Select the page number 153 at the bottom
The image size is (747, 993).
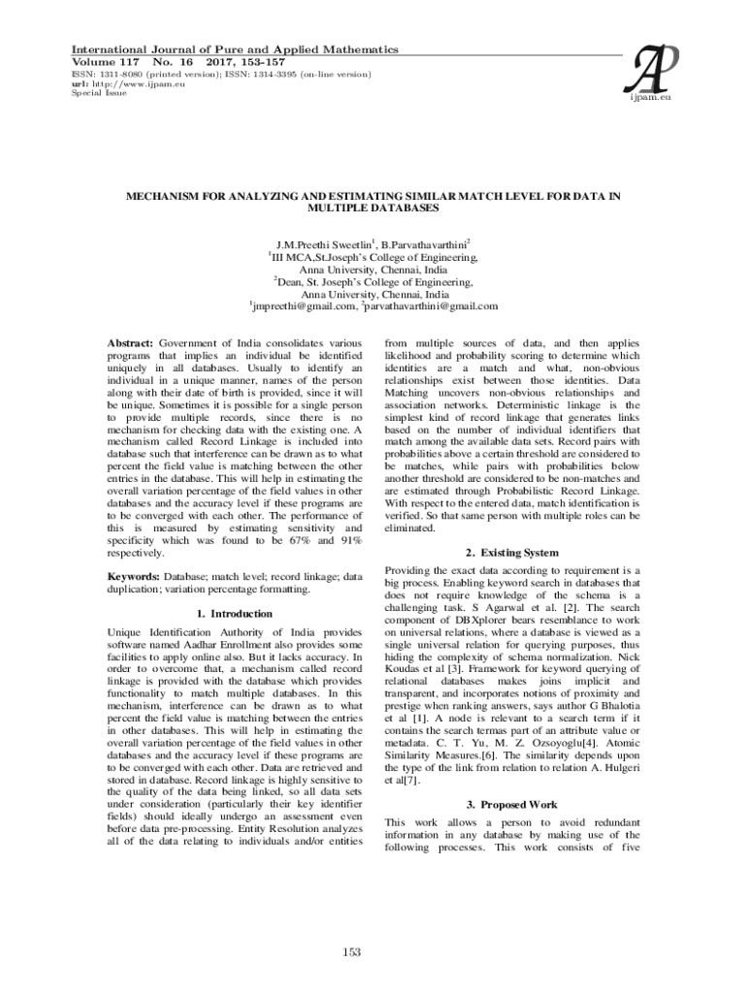pos(352,951)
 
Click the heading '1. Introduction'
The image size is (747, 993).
pos(234,614)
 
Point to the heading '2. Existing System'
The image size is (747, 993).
pos(512,553)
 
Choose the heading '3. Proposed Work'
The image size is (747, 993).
pos(512,805)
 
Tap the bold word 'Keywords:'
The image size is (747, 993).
pos(134,576)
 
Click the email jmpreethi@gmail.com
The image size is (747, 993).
pos(304,306)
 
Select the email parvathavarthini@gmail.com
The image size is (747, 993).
pos(432,306)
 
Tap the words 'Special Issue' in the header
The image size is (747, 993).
pos(86,93)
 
